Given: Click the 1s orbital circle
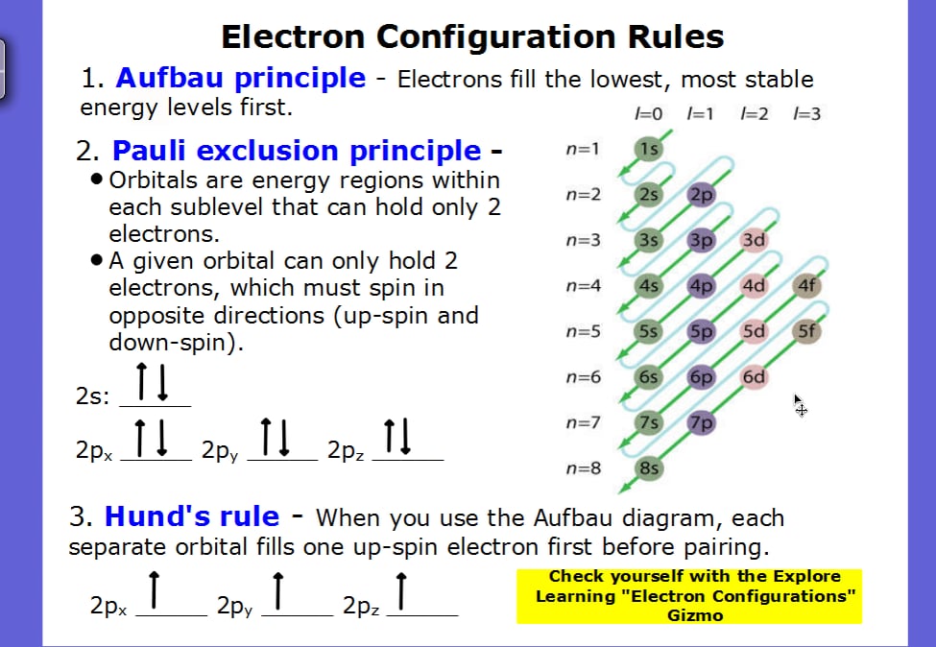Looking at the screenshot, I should click(649, 149).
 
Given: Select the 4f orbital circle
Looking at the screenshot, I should click(806, 285).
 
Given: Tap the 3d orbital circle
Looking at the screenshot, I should click(754, 240).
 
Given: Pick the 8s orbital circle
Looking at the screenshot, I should click(649, 468).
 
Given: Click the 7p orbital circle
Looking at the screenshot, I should click(702, 422).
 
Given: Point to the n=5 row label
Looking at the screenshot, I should click(583, 331).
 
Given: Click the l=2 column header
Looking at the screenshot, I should click(755, 114).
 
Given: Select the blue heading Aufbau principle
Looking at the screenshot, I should click(240, 78).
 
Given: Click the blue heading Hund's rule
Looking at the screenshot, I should click(191, 516).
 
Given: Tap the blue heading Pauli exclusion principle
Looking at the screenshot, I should click(297, 151).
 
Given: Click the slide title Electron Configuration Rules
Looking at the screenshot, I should click(472, 36).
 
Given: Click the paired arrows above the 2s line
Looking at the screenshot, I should click(153, 382).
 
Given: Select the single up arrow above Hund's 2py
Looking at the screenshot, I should click(277, 590).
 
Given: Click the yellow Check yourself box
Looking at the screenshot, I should click(688, 595).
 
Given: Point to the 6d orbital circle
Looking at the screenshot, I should click(754, 377).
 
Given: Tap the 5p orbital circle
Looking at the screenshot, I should click(702, 331).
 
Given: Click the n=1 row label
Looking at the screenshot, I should click(583, 149).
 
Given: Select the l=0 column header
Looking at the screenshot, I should click(649, 114).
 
